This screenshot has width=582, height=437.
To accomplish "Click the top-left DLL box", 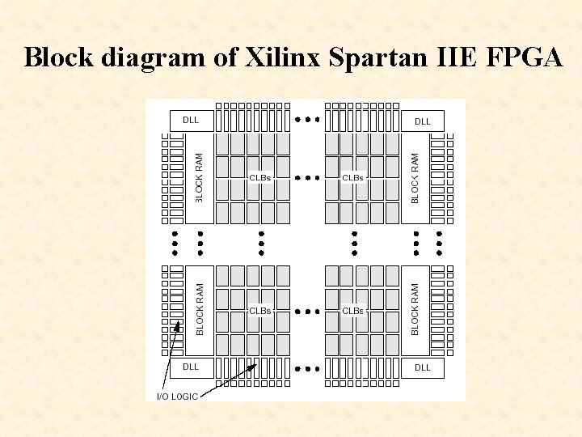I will pos(191,121).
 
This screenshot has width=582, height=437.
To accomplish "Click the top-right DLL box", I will pos(423,121).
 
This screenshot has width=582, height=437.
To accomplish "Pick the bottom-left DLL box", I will pos(191,367).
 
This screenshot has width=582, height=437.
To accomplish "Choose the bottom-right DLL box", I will pos(423,367).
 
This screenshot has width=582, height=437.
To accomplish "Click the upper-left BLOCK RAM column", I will pos(200,178).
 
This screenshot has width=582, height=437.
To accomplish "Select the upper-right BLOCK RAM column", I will pos(415,178).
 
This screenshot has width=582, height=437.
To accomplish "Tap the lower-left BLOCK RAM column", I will pos(200,309).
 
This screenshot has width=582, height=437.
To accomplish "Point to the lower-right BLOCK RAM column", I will pos(415,309).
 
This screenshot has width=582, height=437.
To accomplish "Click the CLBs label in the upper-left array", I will pos(260,177).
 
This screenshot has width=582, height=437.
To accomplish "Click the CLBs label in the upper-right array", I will pos(353,177).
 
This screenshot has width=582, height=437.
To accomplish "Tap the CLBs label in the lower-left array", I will pos(260,310).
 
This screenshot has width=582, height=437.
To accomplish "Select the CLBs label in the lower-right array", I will pos(353,310).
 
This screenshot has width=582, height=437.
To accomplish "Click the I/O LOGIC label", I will pos(176,396).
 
